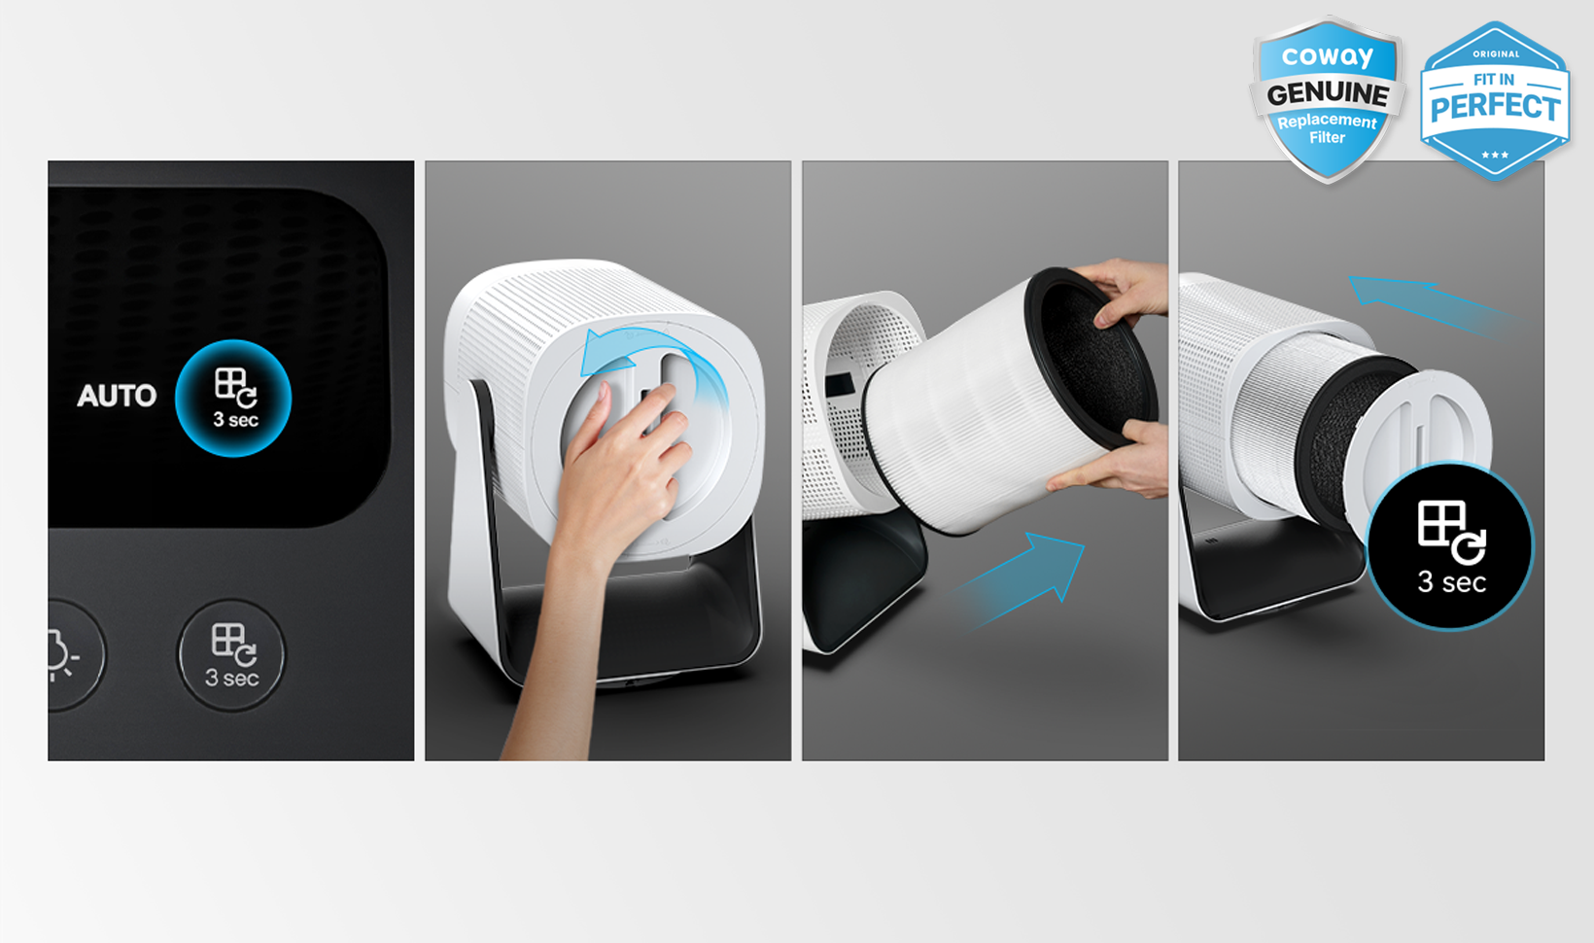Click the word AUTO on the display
coord(117,396)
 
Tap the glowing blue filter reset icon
coord(233,398)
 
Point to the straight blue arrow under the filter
coord(1019,580)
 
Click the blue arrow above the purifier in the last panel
coord(1434,306)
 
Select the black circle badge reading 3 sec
coord(1449,546)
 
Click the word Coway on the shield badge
coord(1327,56)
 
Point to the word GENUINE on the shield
coord(1328,93)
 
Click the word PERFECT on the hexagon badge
coord(1495,107)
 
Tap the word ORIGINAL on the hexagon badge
coord(1496,54)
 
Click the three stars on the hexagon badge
coord(1495,155)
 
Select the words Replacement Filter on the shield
coord(1327,129)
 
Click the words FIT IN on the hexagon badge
coord(1494,79)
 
